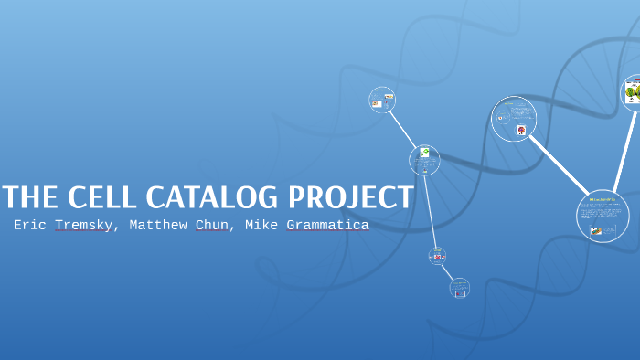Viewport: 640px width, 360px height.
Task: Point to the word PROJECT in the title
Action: click(352, 197)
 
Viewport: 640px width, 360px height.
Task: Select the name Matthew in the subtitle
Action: click(158, 225)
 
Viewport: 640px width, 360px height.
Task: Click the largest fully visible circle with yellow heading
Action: click(603, 217)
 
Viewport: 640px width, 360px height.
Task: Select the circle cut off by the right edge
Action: click(632, 92)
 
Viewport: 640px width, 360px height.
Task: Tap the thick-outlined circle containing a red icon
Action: click(514, 119)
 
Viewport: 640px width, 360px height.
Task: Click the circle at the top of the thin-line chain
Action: click(382, 100)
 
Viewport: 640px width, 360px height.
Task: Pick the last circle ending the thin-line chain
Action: click(460, 289)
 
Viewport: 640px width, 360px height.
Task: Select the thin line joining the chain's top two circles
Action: click(403, 130)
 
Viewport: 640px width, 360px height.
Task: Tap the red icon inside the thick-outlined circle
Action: click(521, 131)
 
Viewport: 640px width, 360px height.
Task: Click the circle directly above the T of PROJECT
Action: click(424, 160)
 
